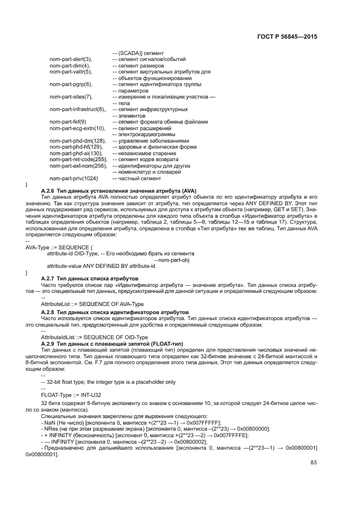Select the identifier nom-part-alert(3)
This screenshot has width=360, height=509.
point(71,59)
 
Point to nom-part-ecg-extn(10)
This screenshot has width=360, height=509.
point(77,128)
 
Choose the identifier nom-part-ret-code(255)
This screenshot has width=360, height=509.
point(77,159)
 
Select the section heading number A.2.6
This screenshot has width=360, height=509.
point(48,191)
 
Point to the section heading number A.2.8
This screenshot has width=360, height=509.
point(48,311)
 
